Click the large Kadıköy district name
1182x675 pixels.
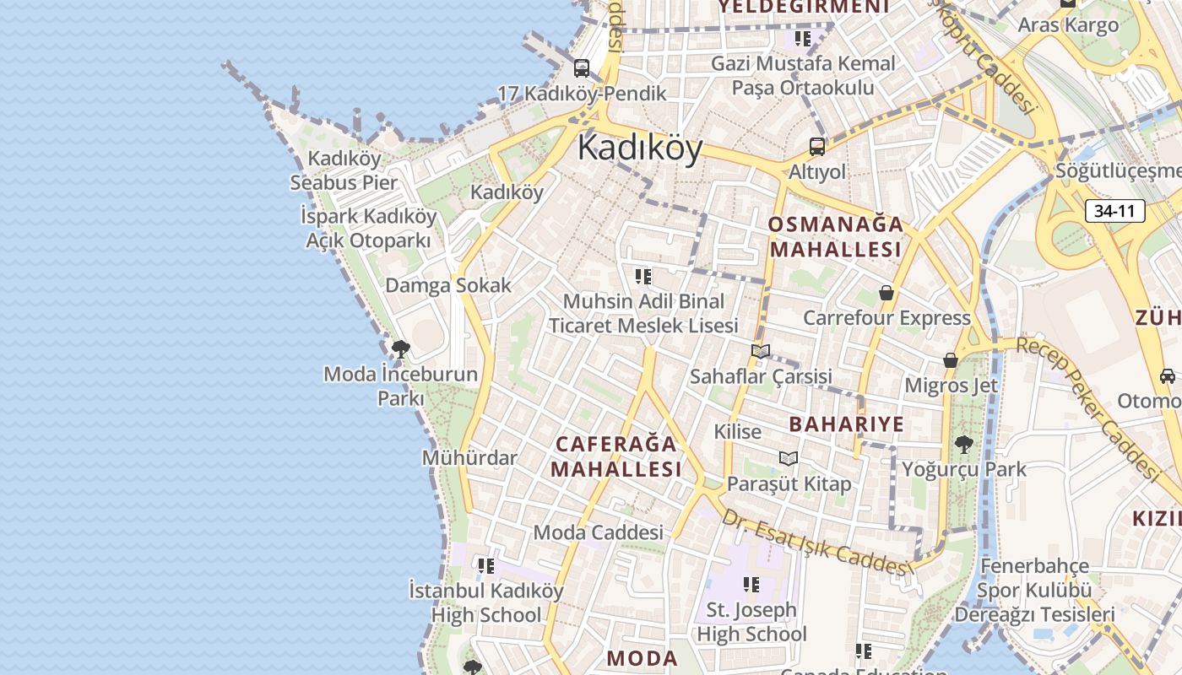tap(640, 148)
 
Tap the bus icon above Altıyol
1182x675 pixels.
tap(817, 147)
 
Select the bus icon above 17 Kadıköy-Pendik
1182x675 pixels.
tap(582, 68)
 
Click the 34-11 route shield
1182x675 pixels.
tap(1114, 211)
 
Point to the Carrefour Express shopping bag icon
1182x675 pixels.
tap(886, 293)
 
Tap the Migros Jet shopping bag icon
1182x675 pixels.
tap(951, 360)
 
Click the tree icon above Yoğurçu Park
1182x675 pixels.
tap(963, 444)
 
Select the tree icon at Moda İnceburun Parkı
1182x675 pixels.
tap(401, 348)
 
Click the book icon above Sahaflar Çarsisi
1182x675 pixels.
tap(761, 351)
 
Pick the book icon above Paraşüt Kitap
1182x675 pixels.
tap(789, 458)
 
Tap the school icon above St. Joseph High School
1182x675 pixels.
tap(751, 584)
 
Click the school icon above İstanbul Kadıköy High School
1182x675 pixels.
tap(486, 565)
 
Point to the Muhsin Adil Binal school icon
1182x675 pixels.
tap(643, 276)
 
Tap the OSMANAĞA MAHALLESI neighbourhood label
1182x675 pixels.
tap(836, 237)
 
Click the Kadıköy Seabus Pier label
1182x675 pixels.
tap(344, 170)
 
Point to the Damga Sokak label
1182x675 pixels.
tap(448, 285)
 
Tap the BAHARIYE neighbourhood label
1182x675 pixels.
tap(846, 424)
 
